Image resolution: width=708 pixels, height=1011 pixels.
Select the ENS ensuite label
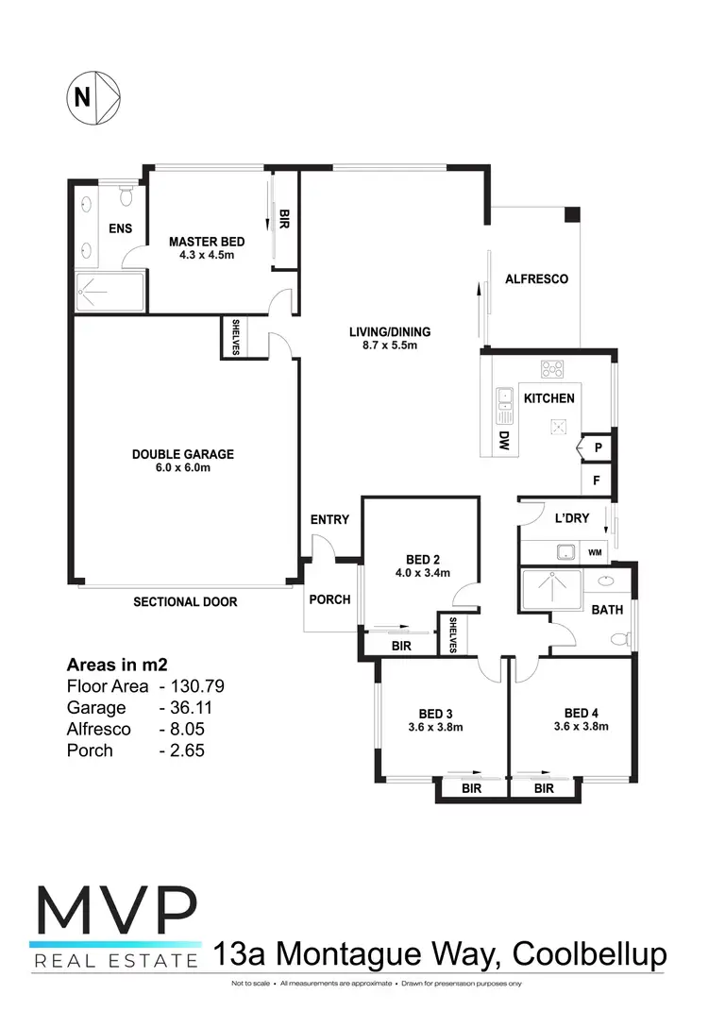coord(119,228)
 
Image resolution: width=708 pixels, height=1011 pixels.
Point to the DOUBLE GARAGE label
coord(182,454)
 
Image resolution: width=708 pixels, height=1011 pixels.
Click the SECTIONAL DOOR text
coord(185,601)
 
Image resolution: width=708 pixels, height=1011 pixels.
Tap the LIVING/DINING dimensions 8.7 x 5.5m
coord(390,345)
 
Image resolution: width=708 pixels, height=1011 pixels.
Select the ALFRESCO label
coord(536,278)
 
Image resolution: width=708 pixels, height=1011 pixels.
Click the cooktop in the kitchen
coord(551,369)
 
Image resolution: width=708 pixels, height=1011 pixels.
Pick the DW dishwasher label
coord(504,440)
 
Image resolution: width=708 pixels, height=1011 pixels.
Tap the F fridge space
coord(597,480)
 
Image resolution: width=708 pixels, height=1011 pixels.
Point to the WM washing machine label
coord(595,551)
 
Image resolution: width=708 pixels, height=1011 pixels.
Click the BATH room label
coord(607,610)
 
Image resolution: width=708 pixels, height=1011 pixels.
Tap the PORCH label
coord(329,599)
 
